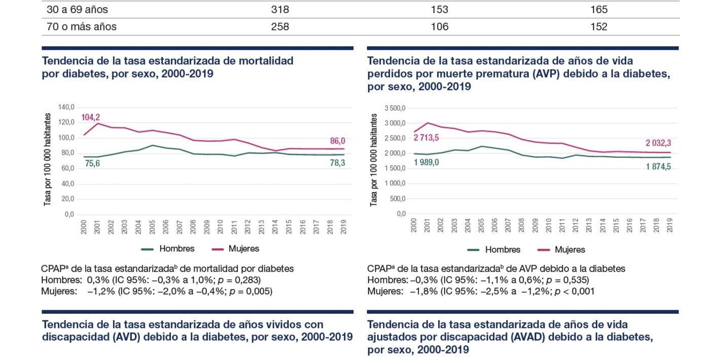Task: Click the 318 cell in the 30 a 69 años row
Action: pyautogui.click(x=280, y=10)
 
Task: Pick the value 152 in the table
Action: pyautogui.click(x=599, y=27)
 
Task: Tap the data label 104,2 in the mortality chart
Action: pyautogui.click(x=91, y=118)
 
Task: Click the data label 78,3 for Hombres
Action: pyautogui.click(x=335, y=163)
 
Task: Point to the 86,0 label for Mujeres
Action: pyautogui.click(x=335, y=140)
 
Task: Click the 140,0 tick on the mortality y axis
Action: pyautogui.click(x=66, y=107)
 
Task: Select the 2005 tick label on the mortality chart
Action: pyautogui.click(x=151, y=227)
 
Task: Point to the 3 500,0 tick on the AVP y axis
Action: pyautogui.click(x=395, y=108)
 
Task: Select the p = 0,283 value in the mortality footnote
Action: pyautogui.click(x=242, y=280)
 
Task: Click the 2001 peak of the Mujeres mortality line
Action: pyautogui.click(x=96, y=123)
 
